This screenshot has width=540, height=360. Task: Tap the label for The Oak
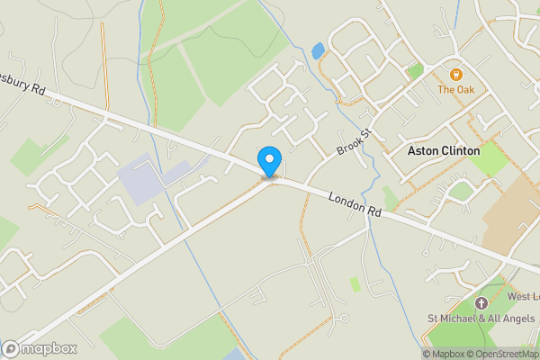pyautogui.click(x=455, y=89)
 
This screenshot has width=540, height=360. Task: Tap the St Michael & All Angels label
pyautogui.click(x=481, y=318)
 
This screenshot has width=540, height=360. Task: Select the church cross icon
pyautogui.click(x=481, y=303)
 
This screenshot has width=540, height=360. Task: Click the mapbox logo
pyautogui.click(x=40, y=348)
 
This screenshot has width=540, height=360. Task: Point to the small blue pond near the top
pyautogui.click(x=318, y=50)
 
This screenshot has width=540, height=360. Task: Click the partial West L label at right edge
pyautogui.click(x=523, y=296)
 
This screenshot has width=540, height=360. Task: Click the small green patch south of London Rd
pyautogui.click(x=355, y=283)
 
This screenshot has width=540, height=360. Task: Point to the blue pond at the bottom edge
pyautogui.click(x=232, y=354)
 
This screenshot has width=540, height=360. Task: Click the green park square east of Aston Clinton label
pyautogui.click(x=490, y=160)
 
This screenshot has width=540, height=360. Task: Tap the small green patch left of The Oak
pyautogui.click(x=414, y=69)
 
